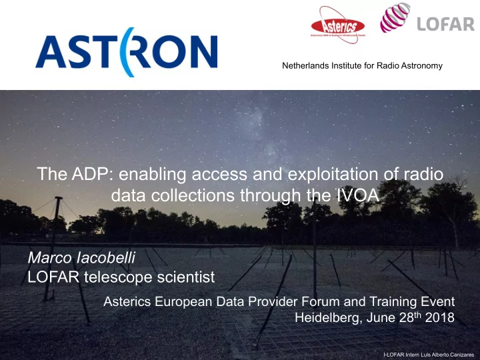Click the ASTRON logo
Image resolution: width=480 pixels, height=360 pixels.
(127, 52)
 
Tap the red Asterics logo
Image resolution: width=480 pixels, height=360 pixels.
(337, 25)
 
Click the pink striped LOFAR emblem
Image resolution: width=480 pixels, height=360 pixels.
(395, 17)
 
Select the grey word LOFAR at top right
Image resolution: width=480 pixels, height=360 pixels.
(446, 24)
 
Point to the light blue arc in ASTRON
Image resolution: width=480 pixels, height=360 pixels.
(124, 52)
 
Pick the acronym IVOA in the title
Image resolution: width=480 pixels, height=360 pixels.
(357, 195)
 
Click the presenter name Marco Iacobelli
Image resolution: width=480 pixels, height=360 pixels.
(81, 258)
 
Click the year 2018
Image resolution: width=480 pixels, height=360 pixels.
(439, 317)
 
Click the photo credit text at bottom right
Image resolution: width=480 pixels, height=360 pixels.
(429, 355)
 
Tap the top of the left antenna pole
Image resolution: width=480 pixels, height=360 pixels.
(59, 198)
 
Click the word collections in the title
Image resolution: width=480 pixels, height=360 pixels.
(193, 195)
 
